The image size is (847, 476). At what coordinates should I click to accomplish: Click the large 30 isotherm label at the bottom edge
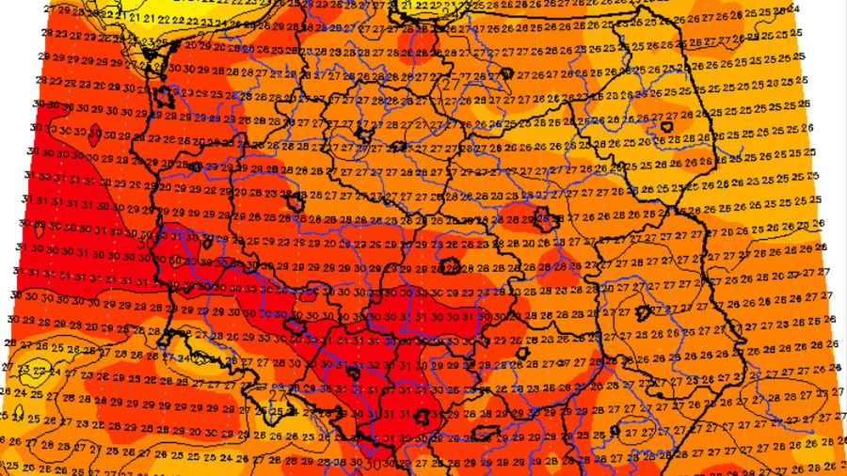(375, 463)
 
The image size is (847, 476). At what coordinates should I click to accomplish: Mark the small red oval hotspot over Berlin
(93, 136)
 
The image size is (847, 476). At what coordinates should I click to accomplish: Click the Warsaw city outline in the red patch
(543, 221)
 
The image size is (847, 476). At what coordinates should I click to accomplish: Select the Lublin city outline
(646, 311)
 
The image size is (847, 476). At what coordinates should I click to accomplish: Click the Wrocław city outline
(295, 326)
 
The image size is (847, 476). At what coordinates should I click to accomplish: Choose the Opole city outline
(355, 373)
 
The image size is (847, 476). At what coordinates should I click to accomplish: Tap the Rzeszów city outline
(614, 428)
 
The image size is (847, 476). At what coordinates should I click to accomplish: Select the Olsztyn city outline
(506, 72)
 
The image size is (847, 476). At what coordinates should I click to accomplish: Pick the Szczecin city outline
(164, 96)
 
